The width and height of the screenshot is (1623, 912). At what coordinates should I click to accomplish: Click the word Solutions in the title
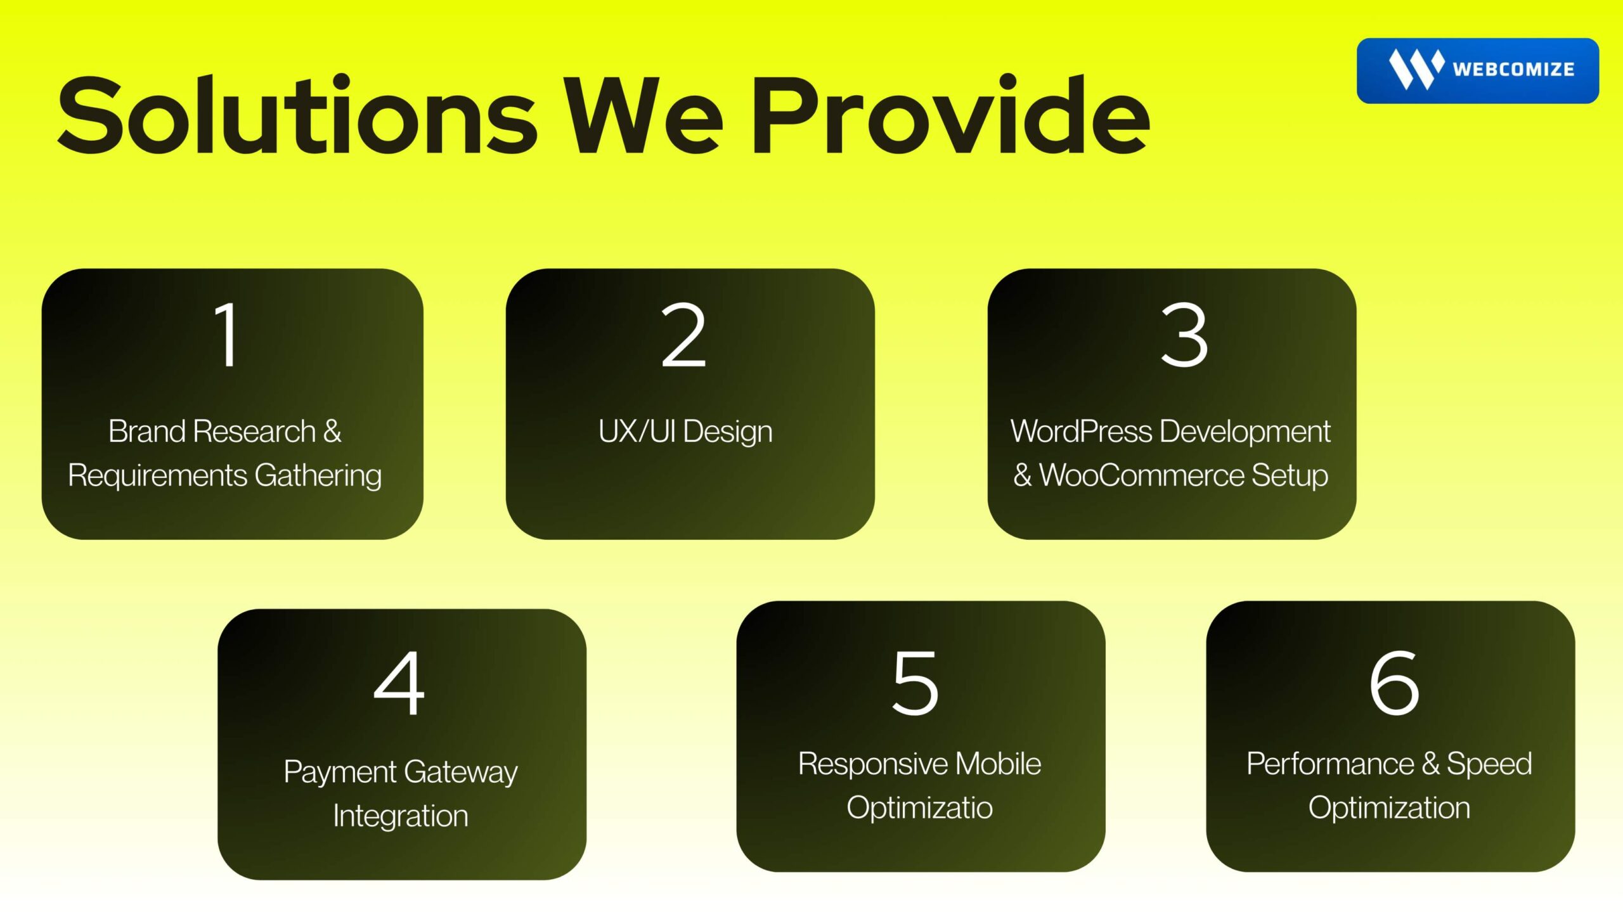297,115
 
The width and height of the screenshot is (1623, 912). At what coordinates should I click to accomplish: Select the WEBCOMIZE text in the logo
1513,69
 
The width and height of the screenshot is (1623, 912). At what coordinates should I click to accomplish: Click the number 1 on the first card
226,334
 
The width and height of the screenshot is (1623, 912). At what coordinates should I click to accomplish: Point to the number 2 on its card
683,334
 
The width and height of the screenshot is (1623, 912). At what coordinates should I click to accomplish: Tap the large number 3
1184,334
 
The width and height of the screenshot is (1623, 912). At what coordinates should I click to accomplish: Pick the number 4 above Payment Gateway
399,683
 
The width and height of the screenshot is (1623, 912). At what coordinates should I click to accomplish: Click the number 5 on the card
915,683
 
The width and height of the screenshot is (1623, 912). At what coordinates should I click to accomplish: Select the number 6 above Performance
1394,683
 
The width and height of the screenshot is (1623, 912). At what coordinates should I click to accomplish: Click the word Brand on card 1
148,432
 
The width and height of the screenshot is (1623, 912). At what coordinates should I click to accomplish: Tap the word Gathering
318,476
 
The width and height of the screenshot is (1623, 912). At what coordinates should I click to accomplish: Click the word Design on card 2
728,432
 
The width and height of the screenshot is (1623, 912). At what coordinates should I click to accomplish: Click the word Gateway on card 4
461,773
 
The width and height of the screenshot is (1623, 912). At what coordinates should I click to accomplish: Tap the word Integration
401,816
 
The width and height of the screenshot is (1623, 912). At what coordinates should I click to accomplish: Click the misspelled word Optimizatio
919,808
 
